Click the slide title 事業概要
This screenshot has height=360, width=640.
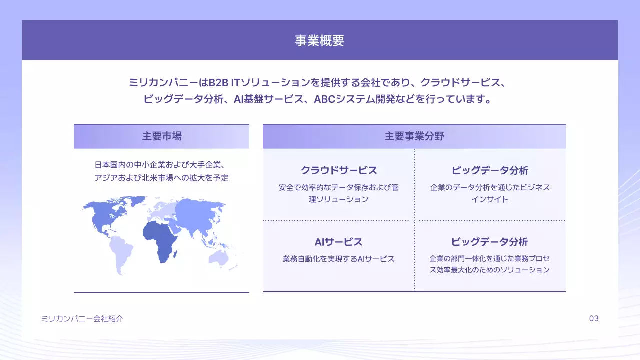tap(319, 41)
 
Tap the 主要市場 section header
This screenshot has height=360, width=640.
tap(161, 136)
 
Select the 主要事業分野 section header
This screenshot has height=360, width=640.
tap(414, 136)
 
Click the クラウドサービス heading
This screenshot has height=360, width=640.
tap(338, 170)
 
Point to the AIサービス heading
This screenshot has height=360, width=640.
tap(338, 242)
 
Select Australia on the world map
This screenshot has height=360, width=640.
tap(219, 257)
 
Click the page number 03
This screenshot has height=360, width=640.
tap(594, 319)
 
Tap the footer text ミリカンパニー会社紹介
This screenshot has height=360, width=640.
tap(82, 319)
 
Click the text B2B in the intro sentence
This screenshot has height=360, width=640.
tap(219, 82)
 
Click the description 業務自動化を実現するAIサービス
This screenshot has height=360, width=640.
tap(338, 259)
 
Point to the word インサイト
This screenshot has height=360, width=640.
tap(490, 199)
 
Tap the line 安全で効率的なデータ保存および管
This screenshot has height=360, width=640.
tap(338, 188)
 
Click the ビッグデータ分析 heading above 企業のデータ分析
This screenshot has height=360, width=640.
tap(490, 170)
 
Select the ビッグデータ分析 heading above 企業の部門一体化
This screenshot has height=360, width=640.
tap(489, 242)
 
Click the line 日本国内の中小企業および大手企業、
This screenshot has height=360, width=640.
tap(161, 165)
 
